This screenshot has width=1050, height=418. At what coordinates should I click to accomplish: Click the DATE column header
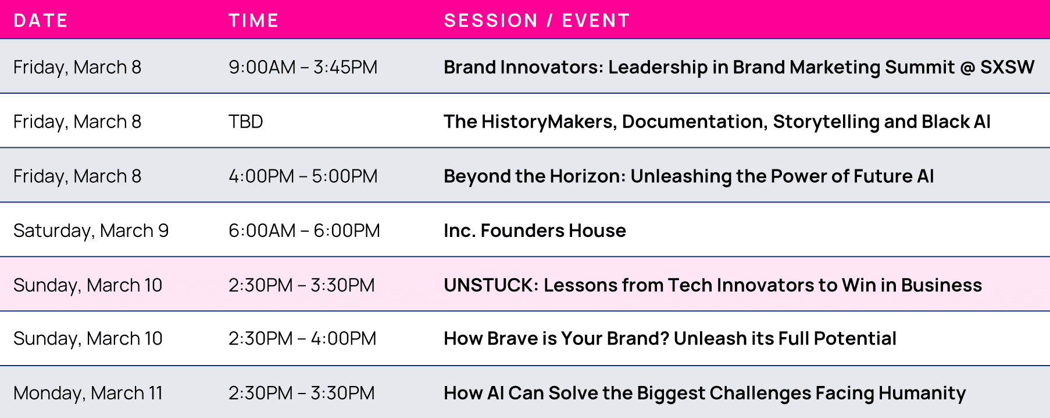tap(41, 21)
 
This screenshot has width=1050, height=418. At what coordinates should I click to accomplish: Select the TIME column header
tap(253, 21)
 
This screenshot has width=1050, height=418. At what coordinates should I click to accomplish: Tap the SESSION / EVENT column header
tap(537, 21)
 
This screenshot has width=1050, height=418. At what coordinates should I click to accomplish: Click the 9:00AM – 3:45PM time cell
tap(303, 67)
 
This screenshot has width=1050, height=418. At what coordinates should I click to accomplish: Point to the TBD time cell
tap(246, 122)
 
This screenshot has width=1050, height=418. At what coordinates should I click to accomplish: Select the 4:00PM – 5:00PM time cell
tap(303, 176)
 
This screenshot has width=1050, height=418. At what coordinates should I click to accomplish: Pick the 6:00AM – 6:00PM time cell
tap(304, 231)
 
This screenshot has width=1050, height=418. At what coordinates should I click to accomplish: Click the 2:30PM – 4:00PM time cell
tap(302, 338)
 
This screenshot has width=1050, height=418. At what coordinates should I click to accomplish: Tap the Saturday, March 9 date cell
tap(91, 231)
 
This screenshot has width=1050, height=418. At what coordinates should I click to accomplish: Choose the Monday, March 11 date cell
tap(88, 394)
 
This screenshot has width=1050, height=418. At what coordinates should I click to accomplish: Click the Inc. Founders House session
tap(535, 231)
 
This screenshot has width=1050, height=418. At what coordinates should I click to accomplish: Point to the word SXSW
tap(1008, 67)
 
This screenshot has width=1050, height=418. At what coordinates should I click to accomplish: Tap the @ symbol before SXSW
tap(967, 68)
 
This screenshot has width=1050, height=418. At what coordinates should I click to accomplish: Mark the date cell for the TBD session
tap(77, 122)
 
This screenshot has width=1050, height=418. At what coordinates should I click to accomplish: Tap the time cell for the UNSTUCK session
tap(302, 285)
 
